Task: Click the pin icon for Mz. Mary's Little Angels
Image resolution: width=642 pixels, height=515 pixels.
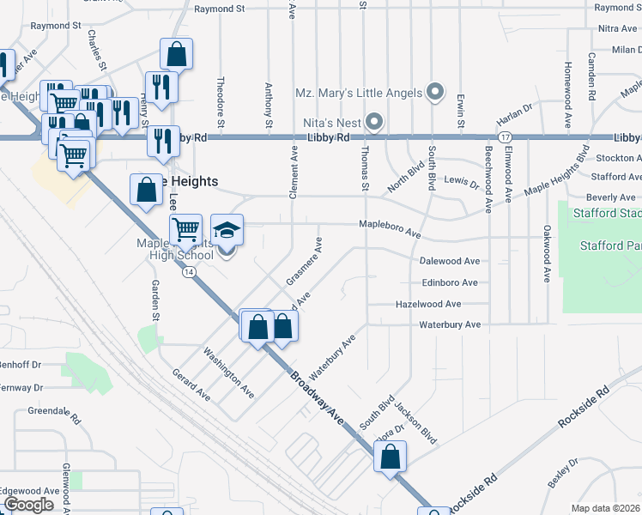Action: [435, 92]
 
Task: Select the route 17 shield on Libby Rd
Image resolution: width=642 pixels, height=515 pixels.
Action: [505, 137]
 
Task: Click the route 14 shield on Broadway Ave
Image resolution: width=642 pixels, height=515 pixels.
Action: [187, 271]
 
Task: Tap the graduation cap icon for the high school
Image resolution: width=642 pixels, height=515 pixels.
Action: [227, 231]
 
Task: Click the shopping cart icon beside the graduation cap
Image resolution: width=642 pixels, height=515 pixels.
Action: [185, 229]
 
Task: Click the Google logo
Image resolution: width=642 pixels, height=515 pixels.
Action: [28, 505]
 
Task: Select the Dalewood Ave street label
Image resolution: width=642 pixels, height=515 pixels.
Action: [449, 261]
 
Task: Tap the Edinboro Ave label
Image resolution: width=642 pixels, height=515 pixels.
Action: [449, 282]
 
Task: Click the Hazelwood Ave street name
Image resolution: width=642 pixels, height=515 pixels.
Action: [428, 304]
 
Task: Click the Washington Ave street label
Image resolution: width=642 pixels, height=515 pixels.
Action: [228, 372]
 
